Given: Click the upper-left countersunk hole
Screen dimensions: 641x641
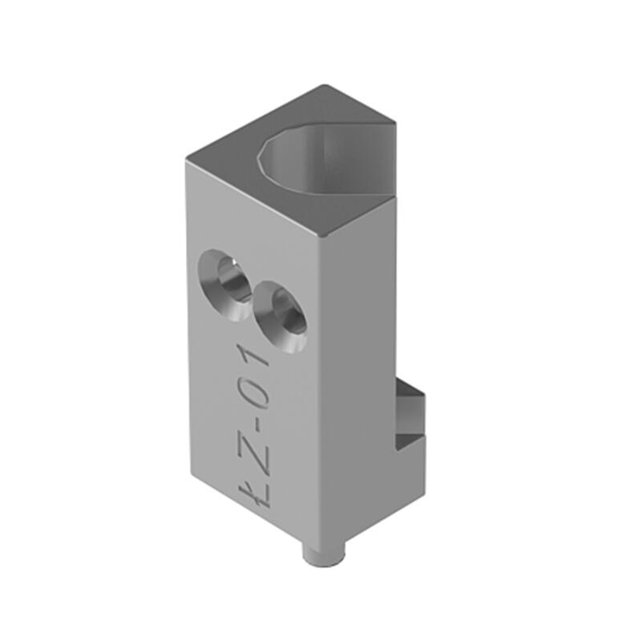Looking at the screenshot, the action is tap(224, 284).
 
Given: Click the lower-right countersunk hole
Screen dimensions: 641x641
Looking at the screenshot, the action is tap(280, 316).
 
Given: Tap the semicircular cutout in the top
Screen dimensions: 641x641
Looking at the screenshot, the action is tap(327, 163).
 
